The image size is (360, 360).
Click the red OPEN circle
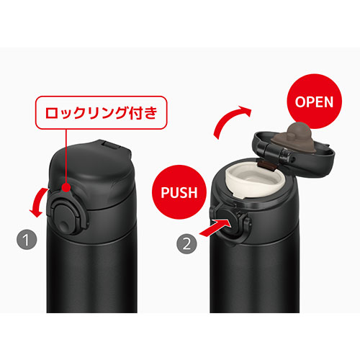[x=314, y=102]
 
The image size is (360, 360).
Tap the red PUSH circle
[x=179, y=192]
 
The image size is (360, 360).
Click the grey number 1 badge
[x=27, y=239]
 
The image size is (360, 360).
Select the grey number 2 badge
[x=186, y=244]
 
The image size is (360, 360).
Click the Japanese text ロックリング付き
[x=101, y=112]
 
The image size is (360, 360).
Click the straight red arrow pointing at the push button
[x=215, y=228]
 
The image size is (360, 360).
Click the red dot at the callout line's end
[x=66, y=187]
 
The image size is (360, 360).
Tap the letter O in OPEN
[x=300, y=102]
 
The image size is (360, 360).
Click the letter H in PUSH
[x=192, y=192]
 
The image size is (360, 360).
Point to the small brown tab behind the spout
[x=266, y=166]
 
